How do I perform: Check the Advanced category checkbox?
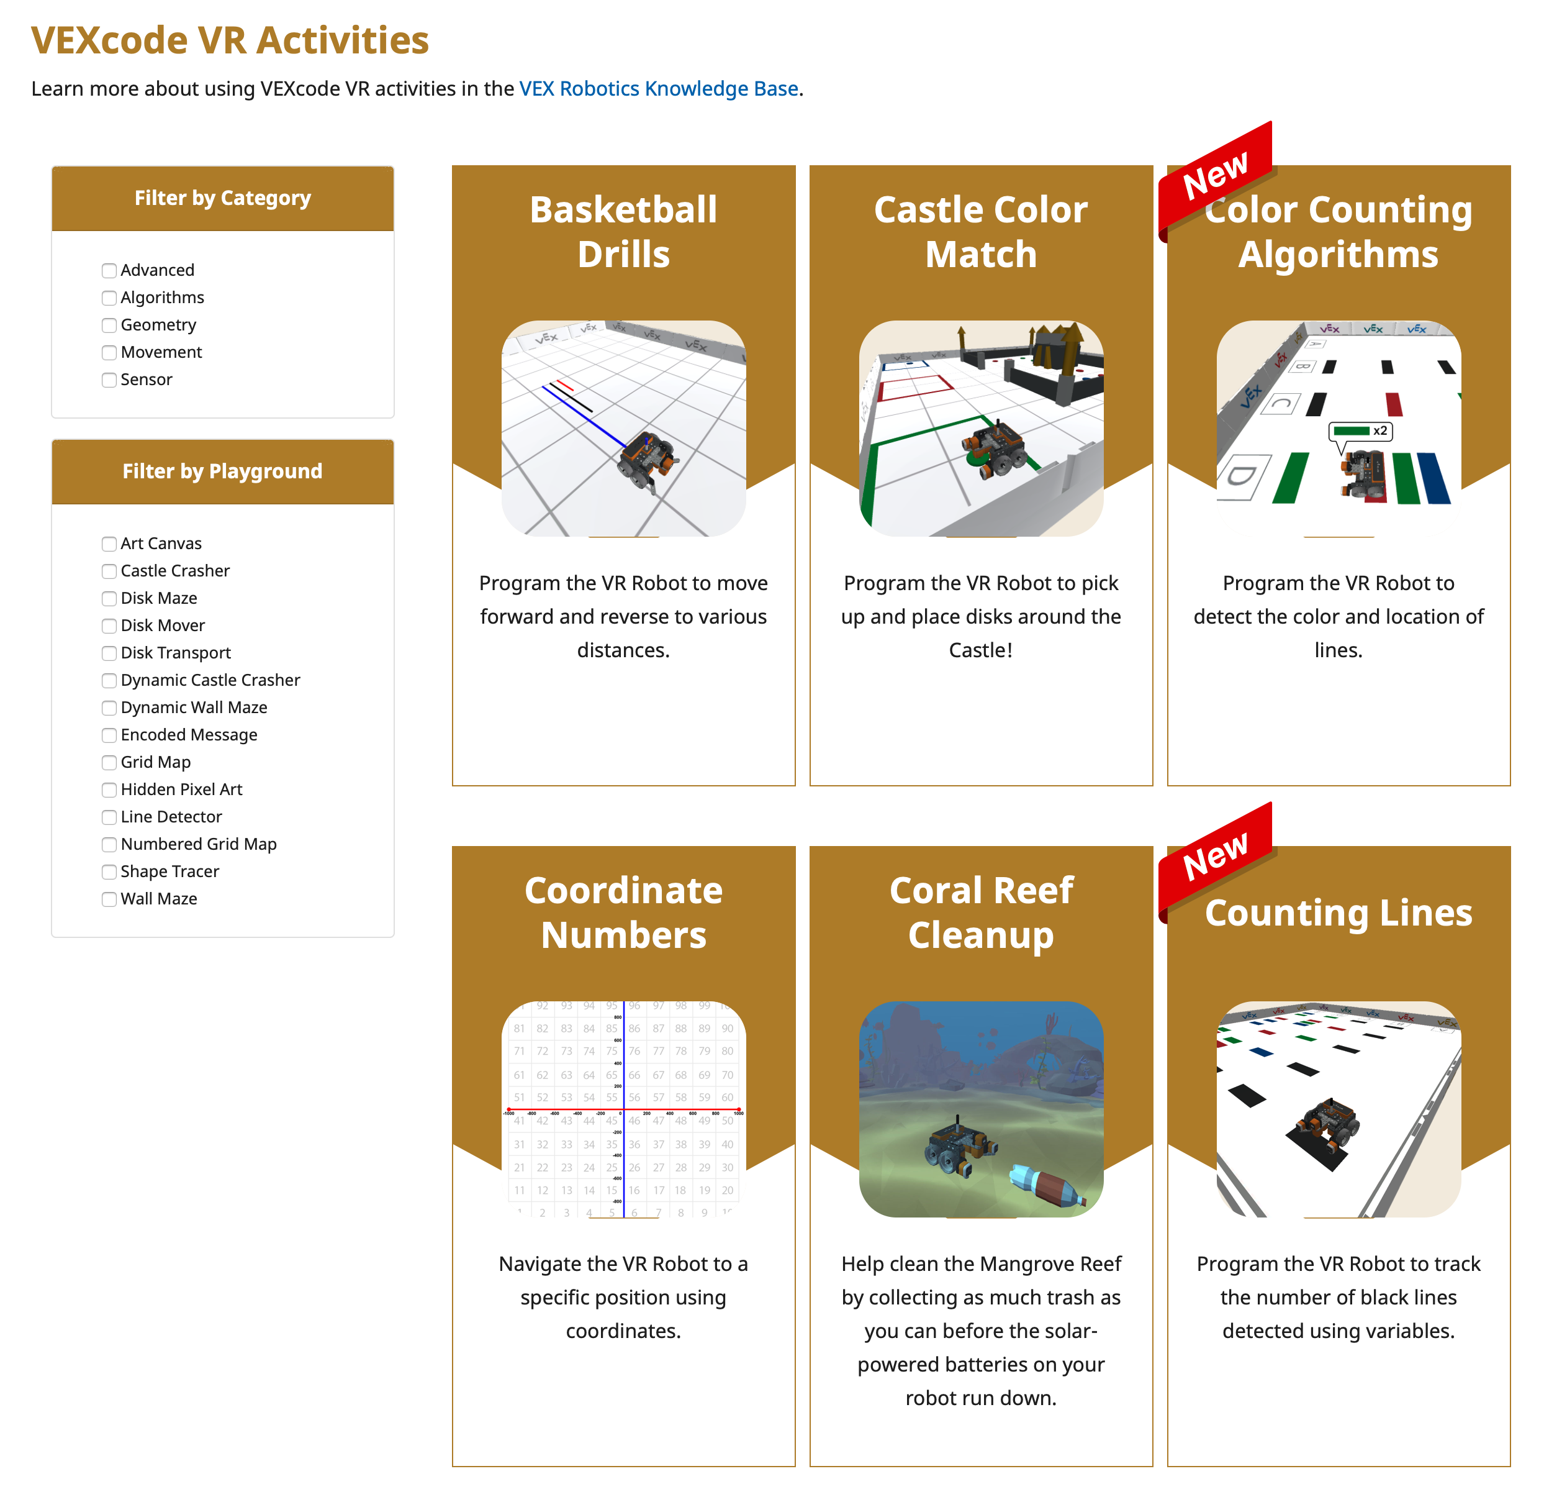pyautogui.click(x=109, y=270)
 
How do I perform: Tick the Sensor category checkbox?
pyautogui.click(x=109, y=380)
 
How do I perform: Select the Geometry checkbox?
pyautogui.click(x=109, y=325)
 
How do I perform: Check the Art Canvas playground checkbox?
pyautogui.click(x=109, y=544)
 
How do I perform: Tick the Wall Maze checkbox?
pyautogui.click(x=109, y=899)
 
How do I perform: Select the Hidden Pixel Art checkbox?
pyautogui.click(x=109, y=790)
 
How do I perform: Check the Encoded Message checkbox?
pyautogui.click(x=109, y=735)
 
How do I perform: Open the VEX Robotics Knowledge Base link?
pyautogui.click(x=658, y=88)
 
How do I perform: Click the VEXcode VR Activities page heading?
pyautogui.click(x=230, y=40)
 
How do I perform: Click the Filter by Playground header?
pyautogui.click(x=222, y=471)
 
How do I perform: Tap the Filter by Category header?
pyautogui.click(x=222, y=198)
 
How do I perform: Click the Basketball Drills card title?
pyautogui.click(x=623, y=232)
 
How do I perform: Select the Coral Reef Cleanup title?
pyautogui.click(x=980, y=913)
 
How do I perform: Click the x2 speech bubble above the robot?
pyautogui.click(x=1360, y=431)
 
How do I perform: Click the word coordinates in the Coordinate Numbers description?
pyautogui.click(x=623, y=1331)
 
